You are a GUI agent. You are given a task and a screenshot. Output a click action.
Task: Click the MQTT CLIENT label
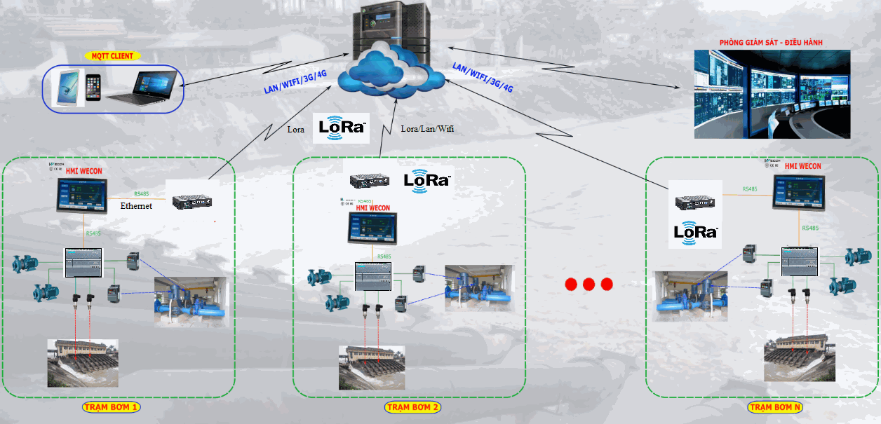[x=112, y=55]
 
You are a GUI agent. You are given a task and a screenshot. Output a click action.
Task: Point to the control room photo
[x=772, y=94]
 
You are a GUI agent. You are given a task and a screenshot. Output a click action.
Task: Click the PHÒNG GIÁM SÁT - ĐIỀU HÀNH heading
[x=771, y=43]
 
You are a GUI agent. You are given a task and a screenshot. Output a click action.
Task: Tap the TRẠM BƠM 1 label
[x=112, y=407]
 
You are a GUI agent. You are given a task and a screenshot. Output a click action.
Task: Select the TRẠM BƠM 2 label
[x=413, y=407]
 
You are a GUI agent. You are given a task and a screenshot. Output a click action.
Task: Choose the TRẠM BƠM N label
[x=774, y=407]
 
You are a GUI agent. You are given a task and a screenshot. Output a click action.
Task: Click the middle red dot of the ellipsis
[x=589, y=284]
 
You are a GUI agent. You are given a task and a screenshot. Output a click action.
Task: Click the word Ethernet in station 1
[x=136, y=206]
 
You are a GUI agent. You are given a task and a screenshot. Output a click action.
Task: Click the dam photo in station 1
[x=82, y=362]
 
